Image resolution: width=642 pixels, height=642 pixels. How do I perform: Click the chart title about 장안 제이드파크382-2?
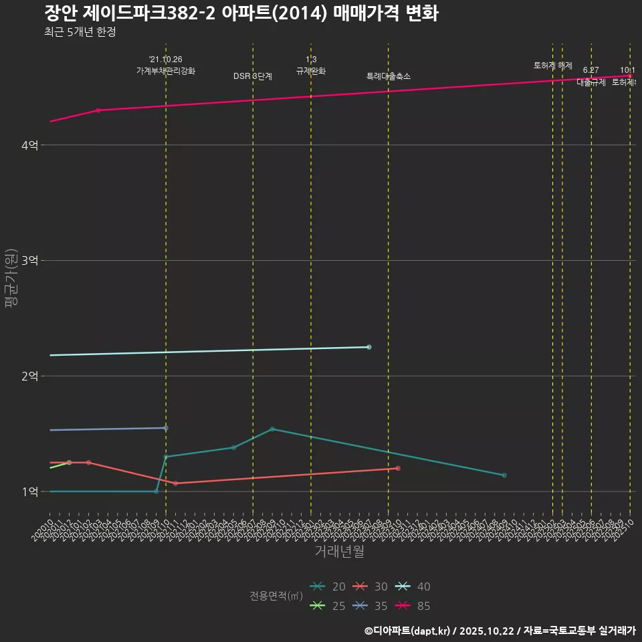pyautogui.click(x=241, y=13)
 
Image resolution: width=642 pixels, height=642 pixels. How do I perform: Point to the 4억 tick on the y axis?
pyautogui.click(x=29, y=145)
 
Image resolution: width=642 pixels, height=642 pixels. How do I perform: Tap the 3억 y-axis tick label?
pyautogui.click(x=29, y=261)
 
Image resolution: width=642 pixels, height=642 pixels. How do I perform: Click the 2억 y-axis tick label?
pyautogui.click(x=29, y=376)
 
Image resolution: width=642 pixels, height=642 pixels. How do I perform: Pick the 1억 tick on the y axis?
pyautogui.click(x=29, y=492)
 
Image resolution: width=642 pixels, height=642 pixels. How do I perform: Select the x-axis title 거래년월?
pyautogui.click(x=340, y=552)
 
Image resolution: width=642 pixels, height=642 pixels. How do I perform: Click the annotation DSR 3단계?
pyautogui.click(x=253, y=76)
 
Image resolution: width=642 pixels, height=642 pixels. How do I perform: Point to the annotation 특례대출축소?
pyautogui.click(x=389, y=76)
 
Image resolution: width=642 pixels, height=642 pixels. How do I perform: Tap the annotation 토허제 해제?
pyautogui.click(x=553, y=66)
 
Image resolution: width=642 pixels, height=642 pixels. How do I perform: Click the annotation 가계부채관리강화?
pyautogui.click(x=166, y=71)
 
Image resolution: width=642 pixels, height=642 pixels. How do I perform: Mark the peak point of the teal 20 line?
pyautogui.click(x=272, y=429)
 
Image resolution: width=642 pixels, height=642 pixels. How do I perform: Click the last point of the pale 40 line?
pyautogui.click(x=369, y=347)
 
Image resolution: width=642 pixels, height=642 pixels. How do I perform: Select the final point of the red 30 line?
pyautogui.click(x=398, y=468)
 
